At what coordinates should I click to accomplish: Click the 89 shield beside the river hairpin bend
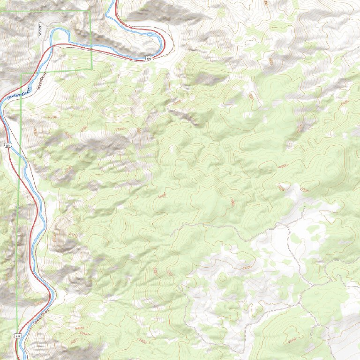[x=149, y=59]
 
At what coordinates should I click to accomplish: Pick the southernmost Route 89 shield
[x=17, y=336]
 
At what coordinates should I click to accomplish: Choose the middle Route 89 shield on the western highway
[x=8, y=146]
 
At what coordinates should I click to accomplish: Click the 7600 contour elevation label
[x=247, y=267]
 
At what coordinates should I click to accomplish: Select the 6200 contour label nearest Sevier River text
[x=52, y=116]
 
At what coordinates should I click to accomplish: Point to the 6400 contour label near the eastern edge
[x=345, y=102]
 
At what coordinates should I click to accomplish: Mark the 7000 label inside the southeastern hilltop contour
[x=291, y=338]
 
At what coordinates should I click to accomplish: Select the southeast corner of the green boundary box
[x=91, y=69]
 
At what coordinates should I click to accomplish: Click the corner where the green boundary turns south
[x=21, y=74]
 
